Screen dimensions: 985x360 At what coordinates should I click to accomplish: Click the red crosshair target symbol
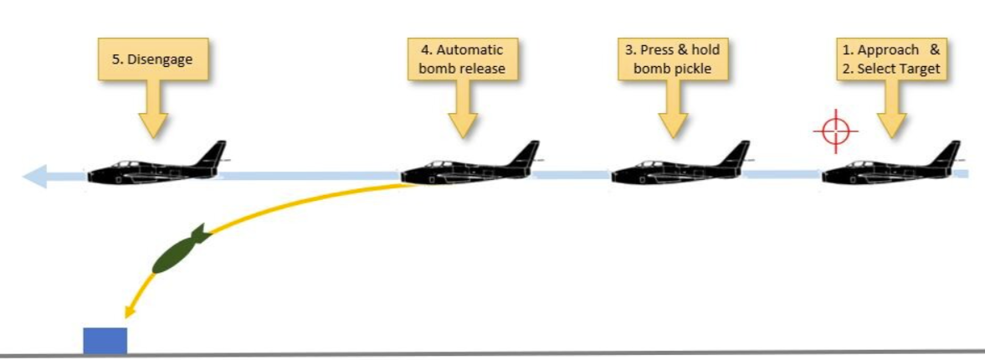coord(835,131)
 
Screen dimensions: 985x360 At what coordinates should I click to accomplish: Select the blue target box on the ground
coord(105,341)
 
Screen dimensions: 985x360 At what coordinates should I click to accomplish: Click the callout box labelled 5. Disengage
coord(152,60)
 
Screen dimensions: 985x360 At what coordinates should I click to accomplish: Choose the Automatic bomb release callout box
coord(463,59)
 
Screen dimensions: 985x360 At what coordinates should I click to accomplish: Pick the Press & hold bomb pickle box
coord(673,59)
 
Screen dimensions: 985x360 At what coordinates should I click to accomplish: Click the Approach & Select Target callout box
coord(891,59)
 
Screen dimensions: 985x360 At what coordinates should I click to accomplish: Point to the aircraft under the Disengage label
coord(157,165)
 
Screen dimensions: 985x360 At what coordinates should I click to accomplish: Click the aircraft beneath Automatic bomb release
coord(469,165)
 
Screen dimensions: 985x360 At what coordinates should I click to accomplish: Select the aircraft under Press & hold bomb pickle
coord(681,165)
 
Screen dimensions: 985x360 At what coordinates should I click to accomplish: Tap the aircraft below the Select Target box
coord(891,165)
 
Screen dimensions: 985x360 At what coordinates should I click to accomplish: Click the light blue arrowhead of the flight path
coord(34,176)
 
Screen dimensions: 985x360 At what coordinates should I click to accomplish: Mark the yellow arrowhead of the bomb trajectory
coord(130,311)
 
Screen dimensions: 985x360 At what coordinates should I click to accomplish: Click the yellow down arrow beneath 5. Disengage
coord(152,110)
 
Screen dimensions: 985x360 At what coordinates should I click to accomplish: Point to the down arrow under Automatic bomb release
coord(463,109)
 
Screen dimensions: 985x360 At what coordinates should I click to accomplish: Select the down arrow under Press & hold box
coord(673,109)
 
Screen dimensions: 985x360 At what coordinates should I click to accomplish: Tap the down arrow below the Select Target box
coord(891,109)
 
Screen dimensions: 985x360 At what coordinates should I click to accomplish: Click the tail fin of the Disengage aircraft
coord(213,154)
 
